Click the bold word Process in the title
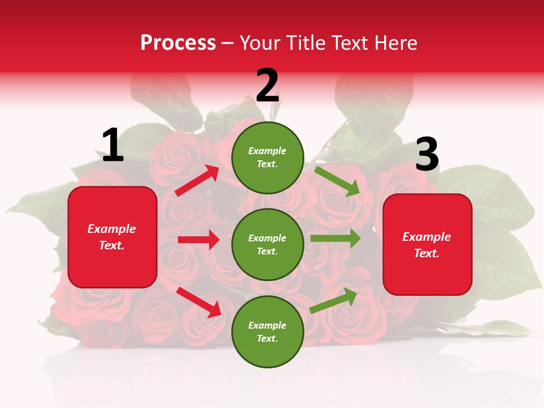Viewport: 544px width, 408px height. pyautogui.click(x=178, y=43)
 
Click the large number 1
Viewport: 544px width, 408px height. pyautogui.click(x=113, y=146)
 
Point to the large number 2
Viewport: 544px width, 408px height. pyautogui.click(x=267, y=86)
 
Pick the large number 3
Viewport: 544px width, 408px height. pyautogui.click(x=427, y=155)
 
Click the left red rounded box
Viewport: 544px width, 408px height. pyautogui.click(x=112, y=237)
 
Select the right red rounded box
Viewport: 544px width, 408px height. pyautogui.click(x=427, y=244)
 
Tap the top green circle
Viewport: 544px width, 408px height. pyautogui.click(x=267, y=158)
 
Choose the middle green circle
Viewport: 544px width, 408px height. pyautogui.click(x=267, y=244)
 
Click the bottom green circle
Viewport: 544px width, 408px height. pyautogui.click(x=267, y=331)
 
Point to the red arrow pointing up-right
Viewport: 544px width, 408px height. pyautogui.click(x=197, y=181)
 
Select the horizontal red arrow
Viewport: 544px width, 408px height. pyautogui.click(x=198, y=240)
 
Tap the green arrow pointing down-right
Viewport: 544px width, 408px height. pyautogui.click(x=337, y=181)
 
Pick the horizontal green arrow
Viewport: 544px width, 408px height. pyautogui.click(x=335, y=239)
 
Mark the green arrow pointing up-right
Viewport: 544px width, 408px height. pyautogui.click(x=334, y=300)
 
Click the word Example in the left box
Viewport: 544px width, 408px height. pyautogui.click(x=112, y=229)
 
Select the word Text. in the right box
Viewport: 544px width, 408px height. pyautogui.click(x=427, y=253)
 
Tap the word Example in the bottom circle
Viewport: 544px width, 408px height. pyautogui.click(x=267, y=325)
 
